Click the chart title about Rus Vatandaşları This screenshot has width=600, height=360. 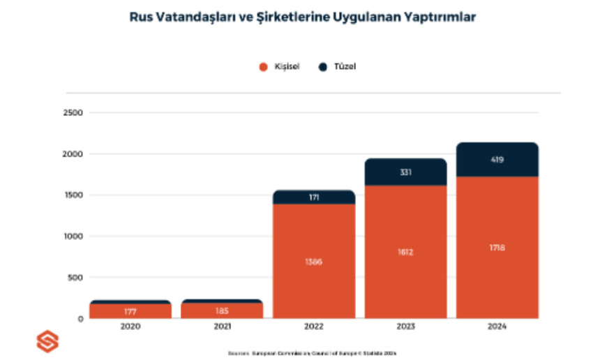302,17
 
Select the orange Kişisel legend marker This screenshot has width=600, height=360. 263,67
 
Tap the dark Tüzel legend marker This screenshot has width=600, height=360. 323,67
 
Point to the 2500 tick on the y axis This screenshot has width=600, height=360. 73,113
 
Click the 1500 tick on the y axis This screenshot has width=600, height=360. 73,195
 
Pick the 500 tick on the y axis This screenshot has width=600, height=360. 75,278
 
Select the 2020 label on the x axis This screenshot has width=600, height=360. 130,327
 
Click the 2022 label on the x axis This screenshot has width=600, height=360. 314,327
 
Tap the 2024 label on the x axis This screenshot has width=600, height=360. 497,327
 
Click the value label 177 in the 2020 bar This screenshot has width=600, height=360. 130,310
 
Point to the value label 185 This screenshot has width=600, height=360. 223,310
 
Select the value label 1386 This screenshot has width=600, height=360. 314,262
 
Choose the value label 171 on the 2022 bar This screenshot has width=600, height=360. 314,198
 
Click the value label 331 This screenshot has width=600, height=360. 405,172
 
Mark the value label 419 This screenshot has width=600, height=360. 497,160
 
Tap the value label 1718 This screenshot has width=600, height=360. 497,248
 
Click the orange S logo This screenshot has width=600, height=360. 47,342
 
